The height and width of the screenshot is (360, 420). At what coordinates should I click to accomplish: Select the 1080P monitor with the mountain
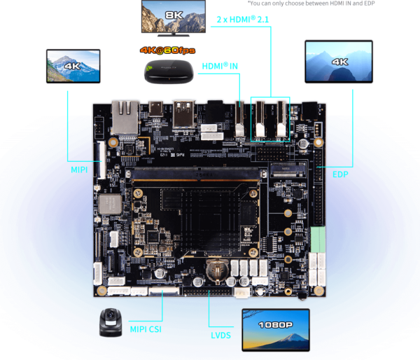click(275, 328)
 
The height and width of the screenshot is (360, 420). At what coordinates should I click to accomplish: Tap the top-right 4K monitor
click(339, 62)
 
